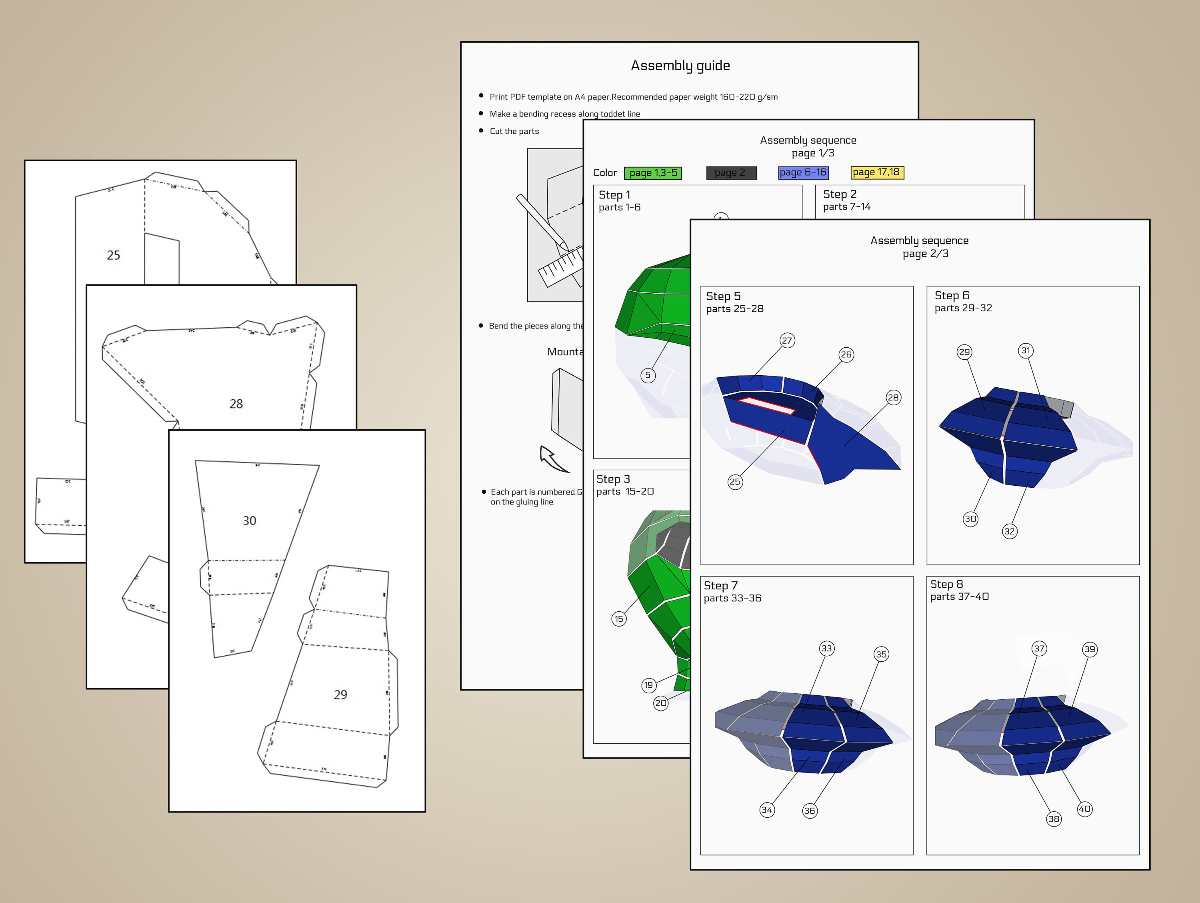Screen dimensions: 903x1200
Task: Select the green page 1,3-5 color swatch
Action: click(653, 172)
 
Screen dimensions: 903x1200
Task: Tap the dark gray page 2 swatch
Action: click(731, 172)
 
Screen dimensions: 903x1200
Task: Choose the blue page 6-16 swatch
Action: click(803, 172)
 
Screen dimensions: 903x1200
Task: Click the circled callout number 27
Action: click(787, 340)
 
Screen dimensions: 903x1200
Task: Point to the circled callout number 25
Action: click(734, 481)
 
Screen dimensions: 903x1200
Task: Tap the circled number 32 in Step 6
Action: click(1009, 531)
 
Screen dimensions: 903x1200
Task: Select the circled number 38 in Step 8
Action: click(1054, 819)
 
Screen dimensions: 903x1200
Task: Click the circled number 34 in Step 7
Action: click(766, 810)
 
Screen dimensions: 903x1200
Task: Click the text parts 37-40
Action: click(959, 597)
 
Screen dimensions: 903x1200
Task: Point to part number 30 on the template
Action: click(249, 521)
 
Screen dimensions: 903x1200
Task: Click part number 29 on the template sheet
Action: click(340, 695)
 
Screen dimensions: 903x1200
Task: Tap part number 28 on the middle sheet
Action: click(236, 404)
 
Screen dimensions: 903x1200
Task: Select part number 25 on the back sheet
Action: click(113, 255)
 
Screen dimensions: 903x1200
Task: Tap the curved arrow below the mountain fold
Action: click(552, 459)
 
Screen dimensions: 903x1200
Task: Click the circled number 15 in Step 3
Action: click(618, 619)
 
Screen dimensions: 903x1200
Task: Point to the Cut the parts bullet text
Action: click(514, 131)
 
